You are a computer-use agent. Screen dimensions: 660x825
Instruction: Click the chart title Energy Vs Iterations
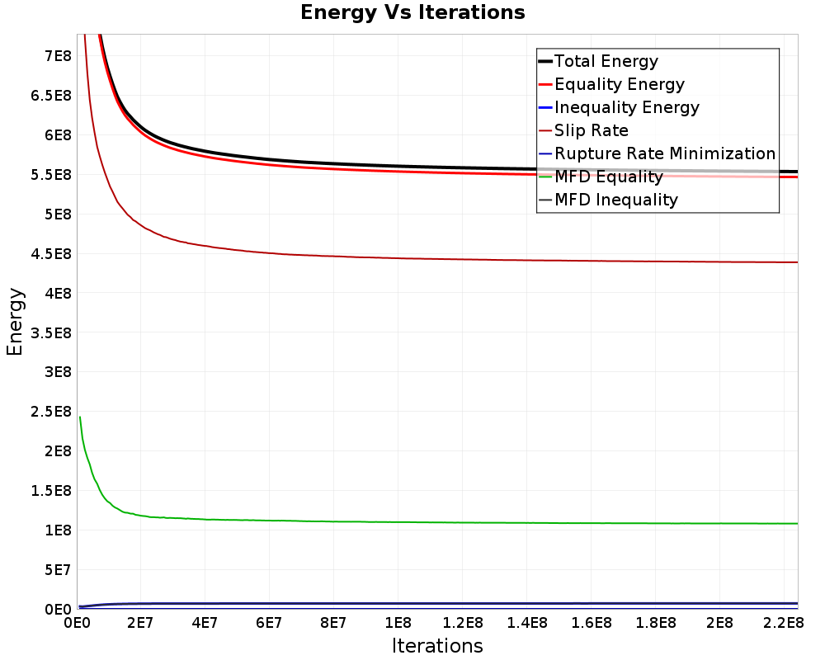point(412,12)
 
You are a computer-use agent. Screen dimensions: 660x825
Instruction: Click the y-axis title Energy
point(15,322)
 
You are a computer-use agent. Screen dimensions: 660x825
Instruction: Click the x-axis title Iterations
point(437,645)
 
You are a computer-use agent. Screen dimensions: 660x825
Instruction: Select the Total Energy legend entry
point(606,61)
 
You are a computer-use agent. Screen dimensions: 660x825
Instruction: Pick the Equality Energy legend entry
point(620,84)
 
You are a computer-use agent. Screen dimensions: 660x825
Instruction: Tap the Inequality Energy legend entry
point(627,107)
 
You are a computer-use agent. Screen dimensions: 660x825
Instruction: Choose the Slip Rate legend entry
point(592,130)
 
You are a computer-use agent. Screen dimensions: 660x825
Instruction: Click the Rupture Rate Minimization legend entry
point(665,153)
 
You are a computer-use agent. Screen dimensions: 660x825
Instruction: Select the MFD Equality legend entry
point(609,177)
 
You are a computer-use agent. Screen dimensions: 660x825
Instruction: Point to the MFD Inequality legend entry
point(616,200)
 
